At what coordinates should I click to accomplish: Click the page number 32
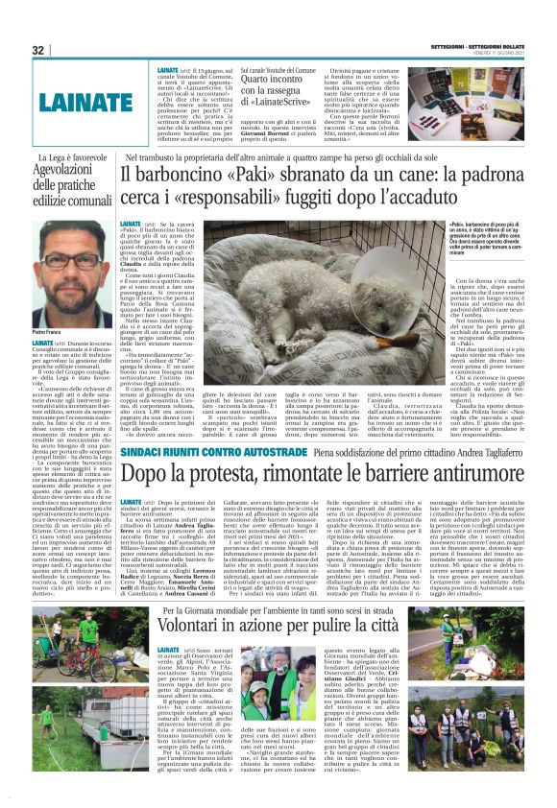coord(37,50)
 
